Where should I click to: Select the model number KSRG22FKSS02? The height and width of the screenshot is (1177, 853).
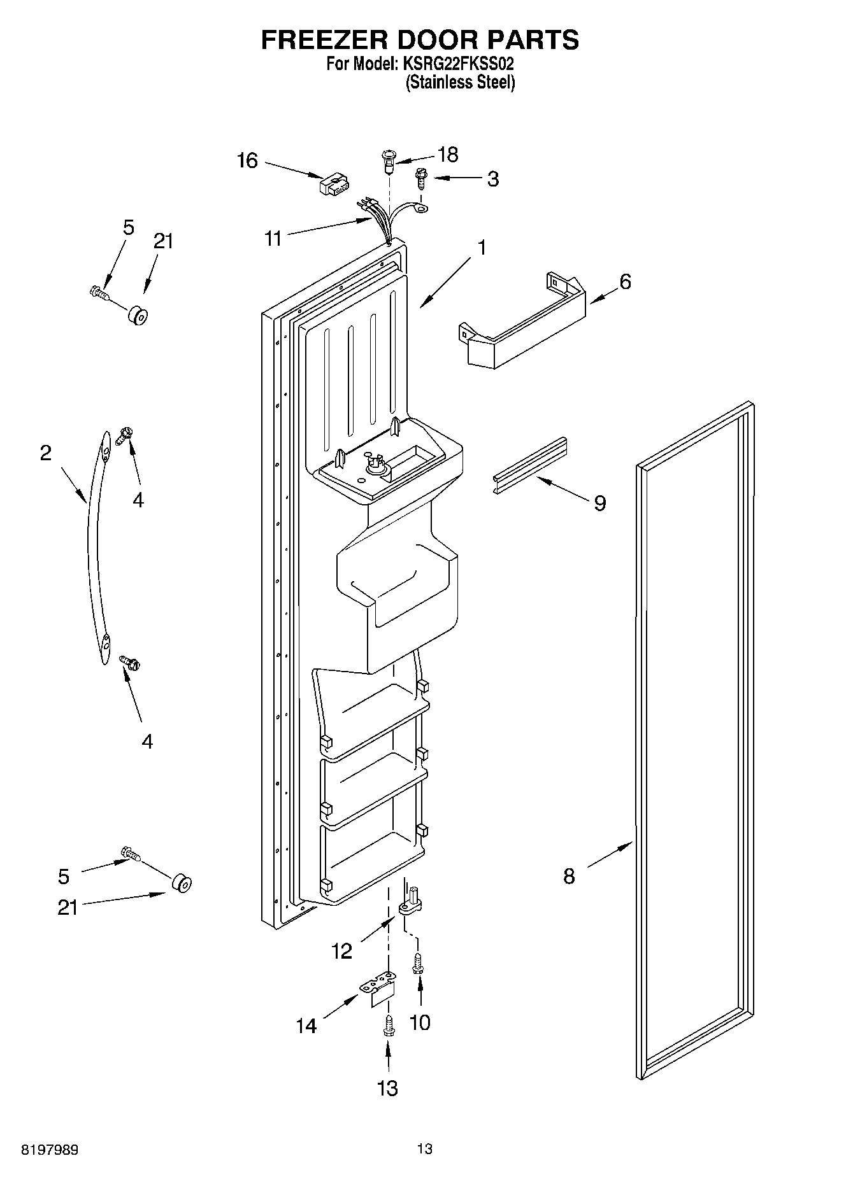pos(459,64)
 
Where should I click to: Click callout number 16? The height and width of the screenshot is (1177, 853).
pos(247,160)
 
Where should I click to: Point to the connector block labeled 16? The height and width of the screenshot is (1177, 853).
pos(333,185)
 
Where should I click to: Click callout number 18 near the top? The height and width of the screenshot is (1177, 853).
pos(448,154)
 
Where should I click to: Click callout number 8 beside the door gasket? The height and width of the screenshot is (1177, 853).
pos(569,877)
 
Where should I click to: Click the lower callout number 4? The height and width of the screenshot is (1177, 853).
pos(147,741)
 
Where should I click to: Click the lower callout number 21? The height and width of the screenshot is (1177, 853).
pos(68,907)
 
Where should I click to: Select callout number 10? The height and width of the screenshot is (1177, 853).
pos(420,1022)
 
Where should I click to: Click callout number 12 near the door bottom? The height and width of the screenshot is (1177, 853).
pos(341,951)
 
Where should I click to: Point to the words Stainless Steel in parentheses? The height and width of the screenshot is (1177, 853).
pos(460,82)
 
